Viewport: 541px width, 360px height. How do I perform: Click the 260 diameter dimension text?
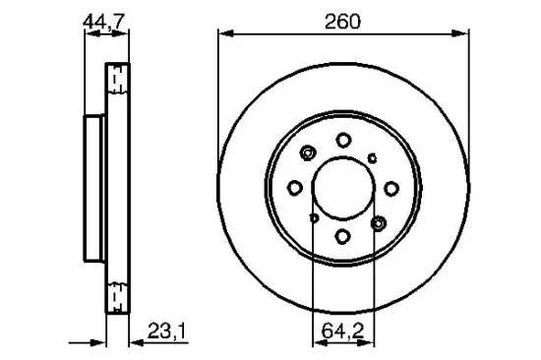tap(340, 17)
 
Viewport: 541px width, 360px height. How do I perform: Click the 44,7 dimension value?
tap(103, 17)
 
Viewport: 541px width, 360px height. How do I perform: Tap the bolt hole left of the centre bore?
tap(295, 188)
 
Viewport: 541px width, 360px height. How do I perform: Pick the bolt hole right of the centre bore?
tap(390, 188)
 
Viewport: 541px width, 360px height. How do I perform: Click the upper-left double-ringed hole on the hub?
tap(308, 152)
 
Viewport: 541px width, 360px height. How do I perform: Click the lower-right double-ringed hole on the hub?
tap(378, 223)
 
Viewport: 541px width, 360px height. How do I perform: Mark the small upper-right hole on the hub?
tap(372, 155)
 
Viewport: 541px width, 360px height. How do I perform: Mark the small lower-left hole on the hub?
tap(312, 219)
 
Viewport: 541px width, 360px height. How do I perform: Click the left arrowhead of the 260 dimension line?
tap(222, 33)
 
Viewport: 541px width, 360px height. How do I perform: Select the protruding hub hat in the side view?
tap(93, 186)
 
